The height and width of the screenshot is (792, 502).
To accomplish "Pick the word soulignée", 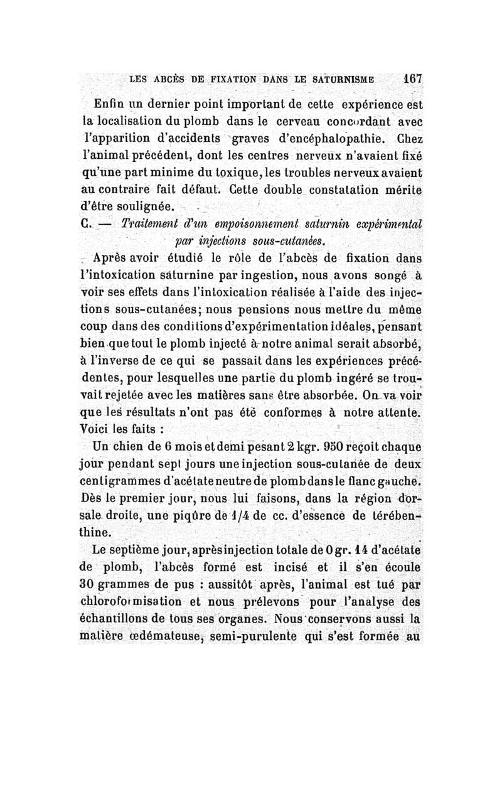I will tap(137, 206).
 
